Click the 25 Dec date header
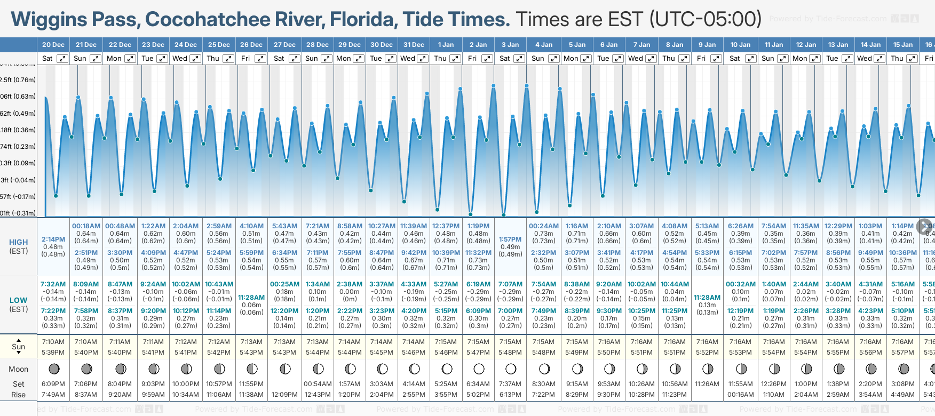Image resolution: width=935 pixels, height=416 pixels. click(x=219, y=45)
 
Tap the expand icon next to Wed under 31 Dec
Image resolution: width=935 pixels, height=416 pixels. click(x=422, y=59)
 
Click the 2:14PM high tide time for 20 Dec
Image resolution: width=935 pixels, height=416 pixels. click(x=53, y=239)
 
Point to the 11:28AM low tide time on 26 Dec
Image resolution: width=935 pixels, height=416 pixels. click(x=251, y=298)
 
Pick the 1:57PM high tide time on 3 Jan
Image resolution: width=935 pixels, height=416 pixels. click(x=510, y=239)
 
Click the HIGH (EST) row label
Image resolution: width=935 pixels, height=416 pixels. click(x=19, y=246)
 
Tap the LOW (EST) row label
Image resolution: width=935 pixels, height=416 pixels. click(x=19, y=305)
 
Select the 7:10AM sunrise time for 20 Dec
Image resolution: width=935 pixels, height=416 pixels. click(x=53, y=342)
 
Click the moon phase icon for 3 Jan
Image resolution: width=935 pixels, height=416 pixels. click(x=511, y=369)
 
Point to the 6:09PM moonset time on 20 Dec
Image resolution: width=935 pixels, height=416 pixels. click(x=53, y=384)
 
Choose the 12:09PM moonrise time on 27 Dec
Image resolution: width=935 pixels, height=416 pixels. click(x=284, y=395)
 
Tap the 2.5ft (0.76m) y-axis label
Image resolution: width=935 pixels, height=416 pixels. click(x=18, y=80)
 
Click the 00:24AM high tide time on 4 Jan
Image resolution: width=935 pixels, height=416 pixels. click(x=543, y=226)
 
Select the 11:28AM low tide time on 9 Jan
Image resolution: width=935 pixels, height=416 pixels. click(x=707, y=298)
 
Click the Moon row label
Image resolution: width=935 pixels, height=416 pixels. click(x=19, y=369)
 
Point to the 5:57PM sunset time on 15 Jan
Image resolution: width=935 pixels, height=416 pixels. click(x=902, y=353)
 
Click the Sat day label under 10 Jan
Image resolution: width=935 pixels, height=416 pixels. click(x=735, y=59)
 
